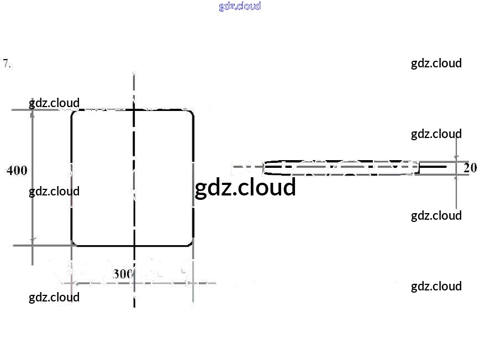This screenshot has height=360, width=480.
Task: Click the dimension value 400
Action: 17,171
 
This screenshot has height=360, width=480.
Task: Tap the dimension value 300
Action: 123,274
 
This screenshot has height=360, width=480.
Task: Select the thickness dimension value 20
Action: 470,168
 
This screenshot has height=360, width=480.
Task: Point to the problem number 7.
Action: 7,63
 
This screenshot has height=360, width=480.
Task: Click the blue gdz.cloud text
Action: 240,6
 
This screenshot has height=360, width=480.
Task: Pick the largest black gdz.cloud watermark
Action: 245,187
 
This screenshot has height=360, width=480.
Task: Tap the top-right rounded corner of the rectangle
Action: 192,112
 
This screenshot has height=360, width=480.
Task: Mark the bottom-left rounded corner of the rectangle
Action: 73,243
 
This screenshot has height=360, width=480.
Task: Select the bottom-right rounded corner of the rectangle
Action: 191,243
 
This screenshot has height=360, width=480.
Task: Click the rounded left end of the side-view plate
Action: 264,167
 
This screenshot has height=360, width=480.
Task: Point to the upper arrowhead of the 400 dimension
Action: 33,113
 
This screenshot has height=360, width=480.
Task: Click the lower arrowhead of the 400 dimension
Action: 33,241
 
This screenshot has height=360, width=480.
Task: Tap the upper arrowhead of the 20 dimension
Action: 456,158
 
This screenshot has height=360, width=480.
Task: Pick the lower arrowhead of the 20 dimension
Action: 456,178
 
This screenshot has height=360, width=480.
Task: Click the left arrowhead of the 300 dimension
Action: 76,283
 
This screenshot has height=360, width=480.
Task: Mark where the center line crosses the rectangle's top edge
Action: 134,109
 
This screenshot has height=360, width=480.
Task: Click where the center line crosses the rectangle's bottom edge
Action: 134,246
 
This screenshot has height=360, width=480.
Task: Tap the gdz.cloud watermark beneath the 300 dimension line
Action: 54,298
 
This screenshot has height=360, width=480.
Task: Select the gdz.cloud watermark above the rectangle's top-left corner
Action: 54,103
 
